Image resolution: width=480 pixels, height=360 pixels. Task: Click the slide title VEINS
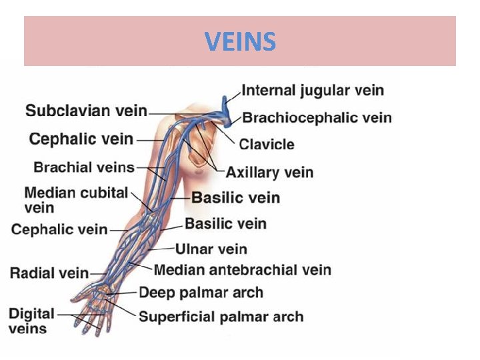click(x=240, y=42)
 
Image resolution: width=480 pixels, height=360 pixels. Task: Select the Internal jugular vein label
click(x=312, y=90)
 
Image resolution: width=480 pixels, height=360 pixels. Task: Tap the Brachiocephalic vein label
click(x=317, y=118)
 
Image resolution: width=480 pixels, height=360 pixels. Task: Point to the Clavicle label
click(x=267, y=144)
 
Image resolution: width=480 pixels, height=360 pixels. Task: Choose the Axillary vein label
click(x=269, y=173)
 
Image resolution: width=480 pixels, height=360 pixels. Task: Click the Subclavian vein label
click(x=86, y=111)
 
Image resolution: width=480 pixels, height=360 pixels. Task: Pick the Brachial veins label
click(x=84, y=167)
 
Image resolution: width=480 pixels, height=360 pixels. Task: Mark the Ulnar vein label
click(x=211, y=249)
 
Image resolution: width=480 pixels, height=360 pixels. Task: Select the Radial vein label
click(x=49, y=272)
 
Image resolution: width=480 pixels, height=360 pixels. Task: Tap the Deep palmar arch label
click(x=201, y=292)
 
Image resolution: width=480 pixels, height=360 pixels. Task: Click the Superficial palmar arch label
click(x=221, y=317)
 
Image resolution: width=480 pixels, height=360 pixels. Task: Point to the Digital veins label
click(x=31, y=321)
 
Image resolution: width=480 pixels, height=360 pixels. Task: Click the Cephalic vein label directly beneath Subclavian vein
click(x=81, y=139)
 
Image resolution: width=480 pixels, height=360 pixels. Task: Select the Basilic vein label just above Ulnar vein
click(x=225, y=223)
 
